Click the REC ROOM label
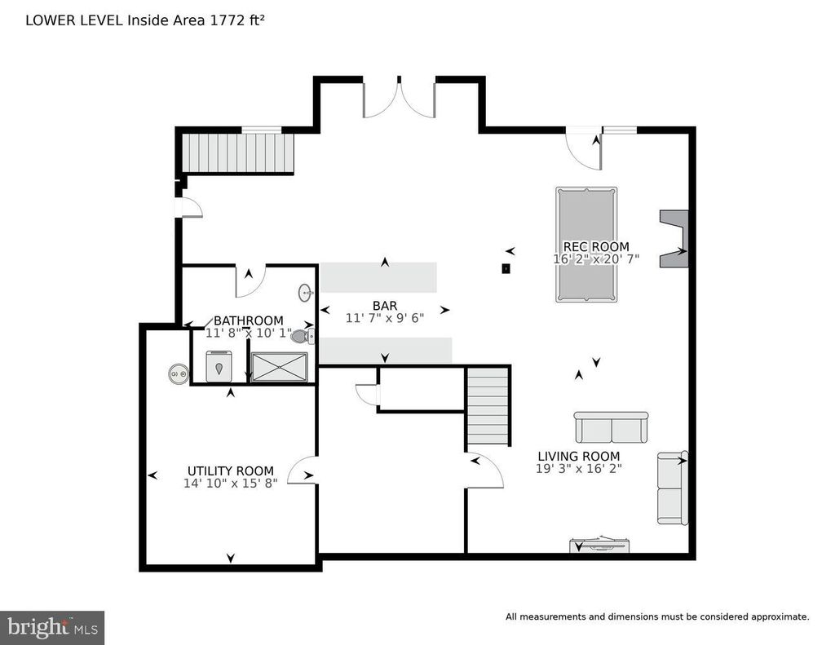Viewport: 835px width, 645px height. click(x=596, y=246)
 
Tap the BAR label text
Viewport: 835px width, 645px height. click(x=385, y=306)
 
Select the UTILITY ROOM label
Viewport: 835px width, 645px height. click(x=231, y=470)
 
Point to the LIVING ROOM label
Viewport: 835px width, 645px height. click(x=579, y=457)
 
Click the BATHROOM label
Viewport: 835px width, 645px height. click(x=249, y=320)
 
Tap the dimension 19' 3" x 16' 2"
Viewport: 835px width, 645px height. click(x=579, y=469)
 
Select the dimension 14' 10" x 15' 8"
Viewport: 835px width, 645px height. click(x=231, y=484)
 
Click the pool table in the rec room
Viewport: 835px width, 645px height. click(x=586, y=245)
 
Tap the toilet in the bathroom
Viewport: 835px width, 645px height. click(x=303, y=336)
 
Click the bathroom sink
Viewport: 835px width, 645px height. click(x=305, y=293)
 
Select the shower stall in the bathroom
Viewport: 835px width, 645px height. click(x=280, y=366)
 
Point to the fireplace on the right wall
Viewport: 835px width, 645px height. click(x=674, y=239)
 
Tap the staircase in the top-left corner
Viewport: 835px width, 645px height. click(x=238, y=152)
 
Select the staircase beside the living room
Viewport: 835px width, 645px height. click(x=488, y=406)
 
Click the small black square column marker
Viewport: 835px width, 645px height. click(x=506, y=269)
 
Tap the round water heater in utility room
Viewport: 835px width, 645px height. click(x=178, y=373)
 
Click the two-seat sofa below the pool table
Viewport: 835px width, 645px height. click(x=612, y=427)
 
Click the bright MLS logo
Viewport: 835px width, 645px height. click(x=52, y=627)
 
